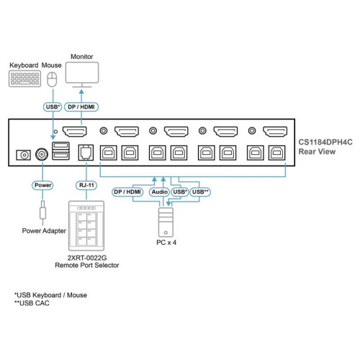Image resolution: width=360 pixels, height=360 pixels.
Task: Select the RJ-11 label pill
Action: (x=86, y=184)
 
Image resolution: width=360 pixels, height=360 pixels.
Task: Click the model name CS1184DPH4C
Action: (x=328, y=143)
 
